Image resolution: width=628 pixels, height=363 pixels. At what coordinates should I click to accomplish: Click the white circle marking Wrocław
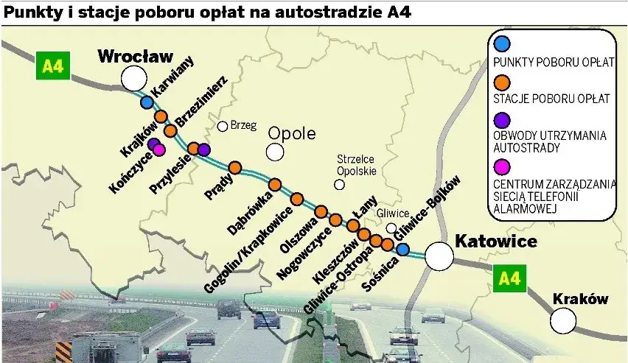134,77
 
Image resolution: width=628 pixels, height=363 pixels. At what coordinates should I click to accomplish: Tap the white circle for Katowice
439,256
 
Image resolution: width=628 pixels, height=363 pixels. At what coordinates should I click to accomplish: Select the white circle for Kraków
564,320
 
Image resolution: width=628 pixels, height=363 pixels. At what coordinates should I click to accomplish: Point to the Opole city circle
275,152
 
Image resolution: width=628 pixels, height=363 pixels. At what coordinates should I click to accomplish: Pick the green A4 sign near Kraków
509,278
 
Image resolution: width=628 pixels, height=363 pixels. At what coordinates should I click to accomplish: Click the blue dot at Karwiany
147,102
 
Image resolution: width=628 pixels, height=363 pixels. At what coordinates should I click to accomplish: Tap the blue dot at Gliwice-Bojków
403,249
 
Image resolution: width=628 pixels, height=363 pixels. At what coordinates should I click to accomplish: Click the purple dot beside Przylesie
204,149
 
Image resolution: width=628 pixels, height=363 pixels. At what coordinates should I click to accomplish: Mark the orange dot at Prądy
235,168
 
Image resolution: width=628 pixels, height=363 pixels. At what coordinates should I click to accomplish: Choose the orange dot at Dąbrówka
275,185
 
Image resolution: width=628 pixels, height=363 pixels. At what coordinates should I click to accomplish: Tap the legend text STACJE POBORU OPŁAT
551,99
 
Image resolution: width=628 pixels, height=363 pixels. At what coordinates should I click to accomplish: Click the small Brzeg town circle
222,127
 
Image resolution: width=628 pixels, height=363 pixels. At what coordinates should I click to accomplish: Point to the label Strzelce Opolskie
356,164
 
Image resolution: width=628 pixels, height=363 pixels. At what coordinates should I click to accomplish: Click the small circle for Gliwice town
391,228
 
